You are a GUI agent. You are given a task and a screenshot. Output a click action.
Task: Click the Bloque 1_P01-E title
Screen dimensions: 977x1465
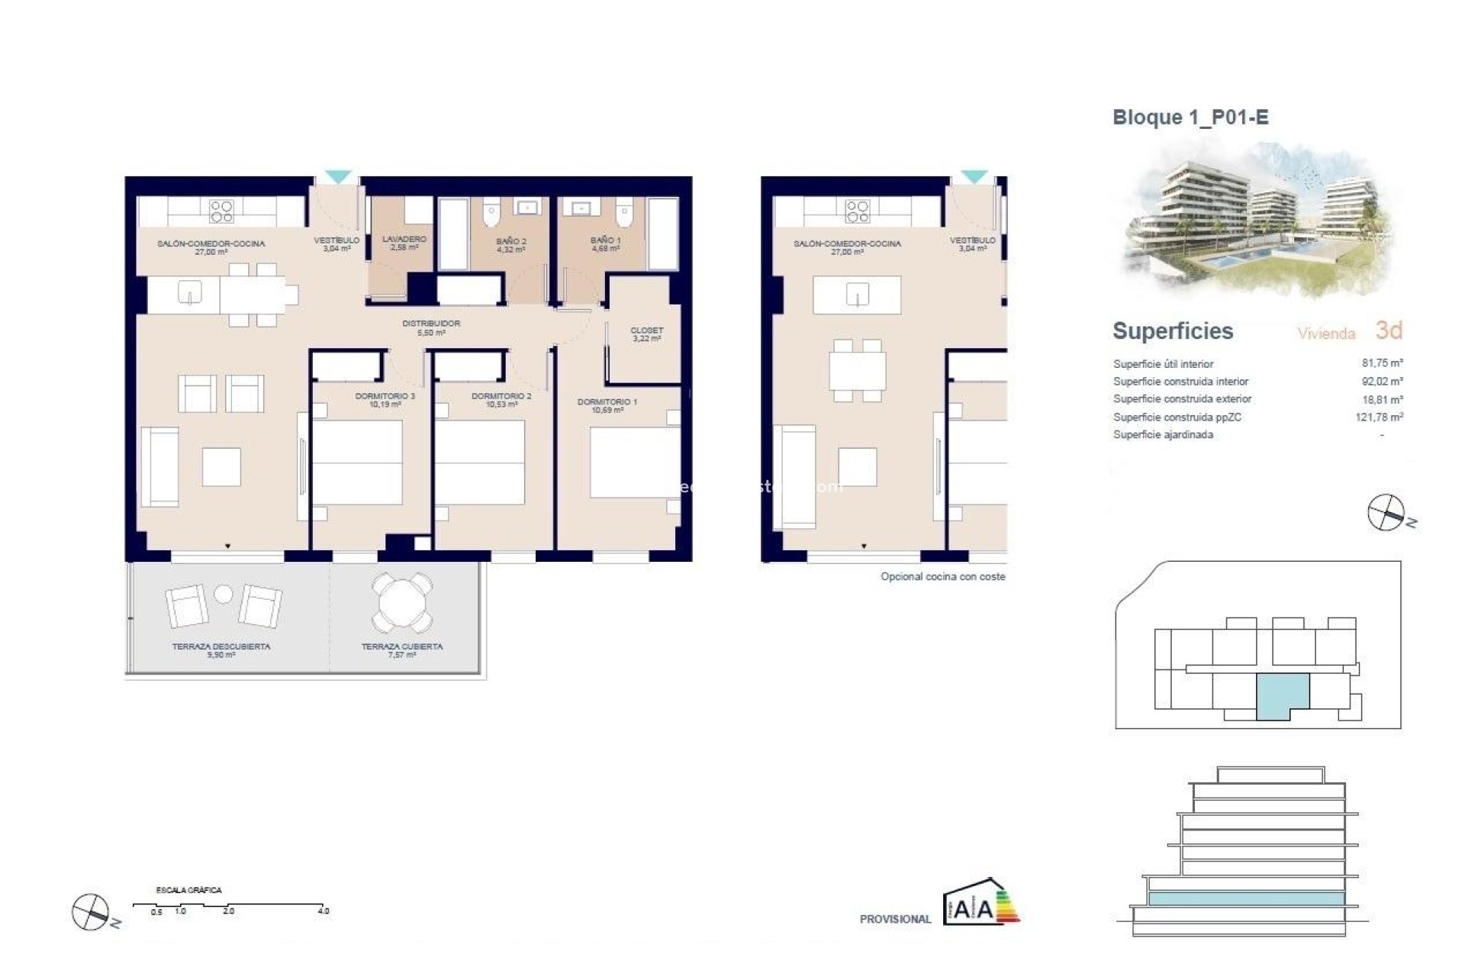1190,118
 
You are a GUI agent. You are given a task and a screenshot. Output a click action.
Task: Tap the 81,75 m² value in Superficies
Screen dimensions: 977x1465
1382,363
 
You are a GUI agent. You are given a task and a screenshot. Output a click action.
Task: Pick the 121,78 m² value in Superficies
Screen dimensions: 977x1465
1379,417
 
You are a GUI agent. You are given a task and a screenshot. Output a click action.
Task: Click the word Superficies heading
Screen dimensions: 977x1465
1173,331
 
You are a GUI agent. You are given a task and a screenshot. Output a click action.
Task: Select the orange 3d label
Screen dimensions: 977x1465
1389,330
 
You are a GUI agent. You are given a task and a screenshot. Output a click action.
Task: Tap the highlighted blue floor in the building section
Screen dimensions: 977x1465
1245,899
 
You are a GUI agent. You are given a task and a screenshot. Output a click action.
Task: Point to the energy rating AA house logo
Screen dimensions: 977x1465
980,905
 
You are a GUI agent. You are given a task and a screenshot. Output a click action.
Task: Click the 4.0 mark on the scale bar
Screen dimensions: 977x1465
324,911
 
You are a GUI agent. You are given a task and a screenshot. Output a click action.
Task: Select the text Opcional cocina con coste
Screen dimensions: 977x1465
942,577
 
